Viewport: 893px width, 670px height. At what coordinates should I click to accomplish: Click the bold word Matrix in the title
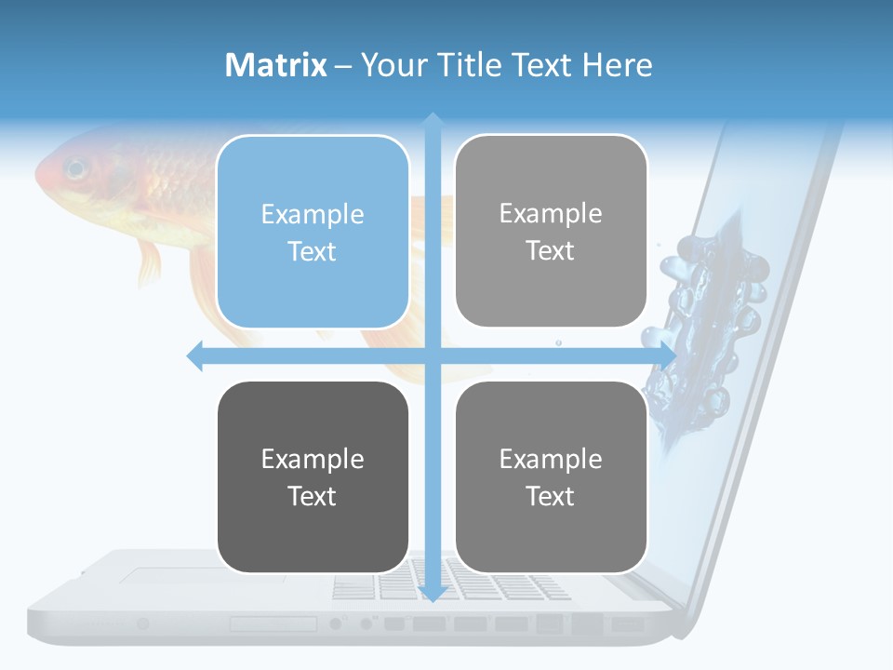pos(275,65)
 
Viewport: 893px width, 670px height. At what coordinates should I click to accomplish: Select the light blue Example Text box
pos(313,232)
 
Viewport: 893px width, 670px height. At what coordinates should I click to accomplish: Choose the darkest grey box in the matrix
pos(313,476)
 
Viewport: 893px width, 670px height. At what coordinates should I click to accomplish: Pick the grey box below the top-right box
pos(551,476)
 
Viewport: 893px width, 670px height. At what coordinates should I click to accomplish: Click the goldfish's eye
pos(75,170)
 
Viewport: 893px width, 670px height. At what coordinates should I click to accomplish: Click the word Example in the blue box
pos(313,214)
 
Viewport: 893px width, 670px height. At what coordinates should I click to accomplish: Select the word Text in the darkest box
pos(313,496)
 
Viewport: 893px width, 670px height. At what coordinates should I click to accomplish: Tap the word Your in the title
pos(390,65)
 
